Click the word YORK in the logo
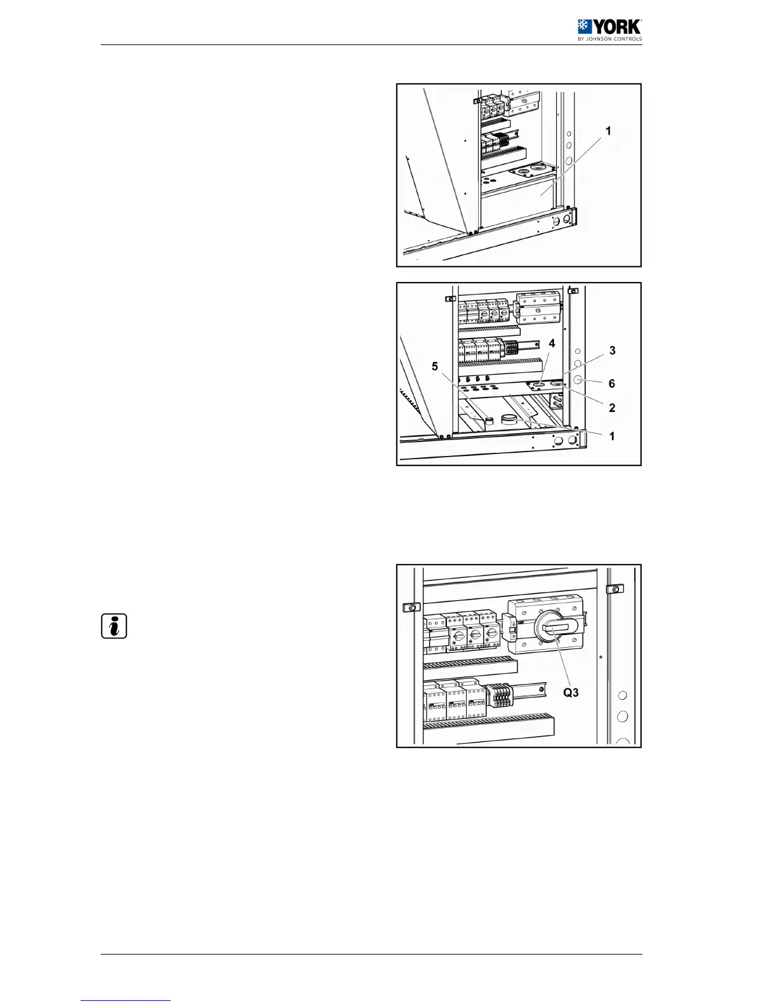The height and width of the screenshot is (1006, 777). (x=617, y=27)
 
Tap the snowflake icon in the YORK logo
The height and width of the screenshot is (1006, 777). (x=584, y=27)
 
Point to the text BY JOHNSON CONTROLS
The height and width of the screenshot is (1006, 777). (x=609, y=39)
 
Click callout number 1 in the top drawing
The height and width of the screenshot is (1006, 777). (x=608, y=131)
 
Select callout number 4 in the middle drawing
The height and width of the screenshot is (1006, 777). (x=552, y=344)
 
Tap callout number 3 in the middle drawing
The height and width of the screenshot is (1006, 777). (x=612, y=351)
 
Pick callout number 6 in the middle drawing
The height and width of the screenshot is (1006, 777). (x=612, y=384)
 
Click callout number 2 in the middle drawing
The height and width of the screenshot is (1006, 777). (x=612, y=408)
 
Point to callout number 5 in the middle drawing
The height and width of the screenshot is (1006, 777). (x=435, y=366)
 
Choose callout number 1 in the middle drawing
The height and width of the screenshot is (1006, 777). (x=612, y=436)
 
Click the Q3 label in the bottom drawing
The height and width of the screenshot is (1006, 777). (x=571, y=692)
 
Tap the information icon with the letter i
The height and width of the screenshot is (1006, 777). (x=114, y=626)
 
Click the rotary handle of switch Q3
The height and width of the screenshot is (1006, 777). (x=555, y=627)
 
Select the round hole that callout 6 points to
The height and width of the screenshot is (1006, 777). (x=578, y=382)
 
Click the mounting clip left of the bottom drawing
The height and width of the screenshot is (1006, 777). (x=411, y=607)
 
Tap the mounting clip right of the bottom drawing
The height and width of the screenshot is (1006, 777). (x=615, y=589)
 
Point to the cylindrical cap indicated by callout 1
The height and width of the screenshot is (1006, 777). (x=509, y=420)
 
